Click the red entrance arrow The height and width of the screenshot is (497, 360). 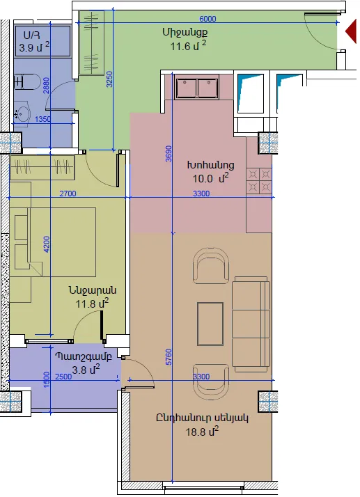click(352, 31)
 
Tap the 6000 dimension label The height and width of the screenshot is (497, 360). click(208, 19)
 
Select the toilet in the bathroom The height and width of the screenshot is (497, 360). click(26, 81)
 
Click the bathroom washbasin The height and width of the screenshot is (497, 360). click(22, 112)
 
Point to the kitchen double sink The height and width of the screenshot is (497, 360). click(196, 87)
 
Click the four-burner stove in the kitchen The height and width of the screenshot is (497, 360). click(259, 181)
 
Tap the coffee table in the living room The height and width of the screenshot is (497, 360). click(210, 324)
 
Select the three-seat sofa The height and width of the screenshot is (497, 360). click(251, 324)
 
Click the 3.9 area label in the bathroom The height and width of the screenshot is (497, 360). click(26, 48)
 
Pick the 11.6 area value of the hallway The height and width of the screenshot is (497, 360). click(180, 47)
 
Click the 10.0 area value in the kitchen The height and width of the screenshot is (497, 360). click(203, 179)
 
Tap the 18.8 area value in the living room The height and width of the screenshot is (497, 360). click(196, 432)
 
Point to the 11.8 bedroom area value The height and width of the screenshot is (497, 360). click(86, 304)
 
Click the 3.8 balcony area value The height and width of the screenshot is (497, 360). click(79, 370)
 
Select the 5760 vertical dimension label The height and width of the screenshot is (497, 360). click(169, 357)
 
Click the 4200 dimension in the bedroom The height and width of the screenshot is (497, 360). click(47, 244)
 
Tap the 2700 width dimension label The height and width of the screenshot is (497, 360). click(68, 194)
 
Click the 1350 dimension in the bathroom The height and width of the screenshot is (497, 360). click(42, 119)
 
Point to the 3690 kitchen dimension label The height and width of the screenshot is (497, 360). click(169, 153)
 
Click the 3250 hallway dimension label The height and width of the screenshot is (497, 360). click(109, 79)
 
